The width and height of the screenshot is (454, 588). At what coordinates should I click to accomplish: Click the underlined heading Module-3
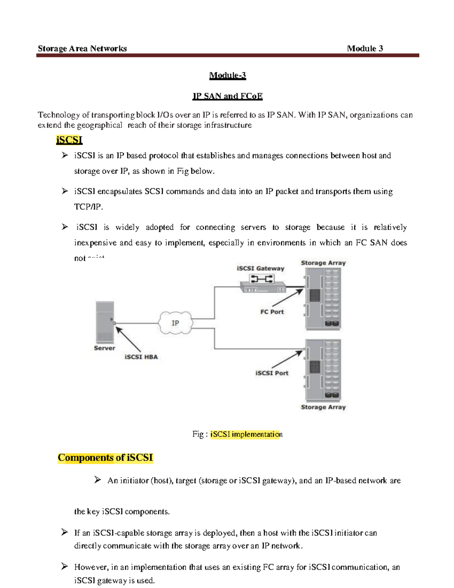click(x=227, y=75)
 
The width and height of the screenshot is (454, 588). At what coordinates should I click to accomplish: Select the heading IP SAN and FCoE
click(x=227, y=96)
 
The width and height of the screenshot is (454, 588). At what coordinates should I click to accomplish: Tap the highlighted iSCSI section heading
click(x=69, y=140)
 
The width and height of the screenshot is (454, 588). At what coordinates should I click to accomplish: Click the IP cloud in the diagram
click(x=175, y=323)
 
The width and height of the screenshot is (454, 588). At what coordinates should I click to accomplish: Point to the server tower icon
click(x=105, y=322)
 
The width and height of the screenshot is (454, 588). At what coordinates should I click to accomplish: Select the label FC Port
click(x=272, y=312)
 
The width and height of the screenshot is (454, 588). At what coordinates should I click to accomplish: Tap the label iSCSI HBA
click(x=141, y=357)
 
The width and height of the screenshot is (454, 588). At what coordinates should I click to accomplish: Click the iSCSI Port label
click(x=272, y=373)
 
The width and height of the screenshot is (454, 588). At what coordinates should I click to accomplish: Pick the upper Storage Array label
click(x=323, y=263)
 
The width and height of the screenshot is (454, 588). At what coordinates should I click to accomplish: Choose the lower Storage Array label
click(x=323, y=407)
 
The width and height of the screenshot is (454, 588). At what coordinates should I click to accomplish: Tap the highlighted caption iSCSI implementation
click(x=246, y=434)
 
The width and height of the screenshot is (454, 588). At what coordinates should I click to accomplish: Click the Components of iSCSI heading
click(x=105, y=458)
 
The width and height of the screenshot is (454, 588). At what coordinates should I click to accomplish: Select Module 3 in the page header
click(x=365, y=48)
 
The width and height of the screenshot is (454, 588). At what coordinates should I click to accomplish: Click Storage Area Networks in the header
click(x=82, y=48)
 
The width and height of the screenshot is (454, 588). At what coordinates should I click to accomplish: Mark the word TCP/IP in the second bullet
click(x=88, y=207)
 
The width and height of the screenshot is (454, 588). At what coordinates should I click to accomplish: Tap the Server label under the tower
click(x=104, y=348)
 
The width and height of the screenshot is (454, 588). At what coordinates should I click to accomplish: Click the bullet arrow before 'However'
click(x=65, y=566)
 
